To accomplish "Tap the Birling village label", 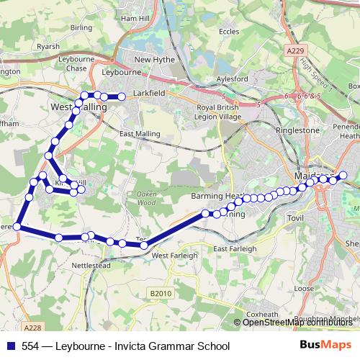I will pyautogui.click(x=82, y=27).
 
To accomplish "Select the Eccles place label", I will pyautogui.click(x=230, y=32).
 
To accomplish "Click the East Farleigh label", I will pyautogui.click(x=235, y=248).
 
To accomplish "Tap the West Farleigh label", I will pyautogui.click(x=170, y=256).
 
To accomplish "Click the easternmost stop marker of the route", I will pyautogui.click(x=343, y=174).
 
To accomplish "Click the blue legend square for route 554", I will pyautogui.click(x=12, y=346).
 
